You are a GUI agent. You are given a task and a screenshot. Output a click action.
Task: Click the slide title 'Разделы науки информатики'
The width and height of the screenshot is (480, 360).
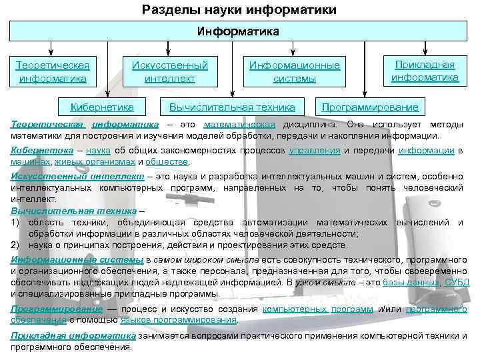[239, 10]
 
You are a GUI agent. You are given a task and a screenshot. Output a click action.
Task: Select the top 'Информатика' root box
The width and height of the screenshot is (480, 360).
[239, 31]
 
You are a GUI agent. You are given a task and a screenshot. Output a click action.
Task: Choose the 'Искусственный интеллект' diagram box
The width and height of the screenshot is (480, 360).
[169, 72]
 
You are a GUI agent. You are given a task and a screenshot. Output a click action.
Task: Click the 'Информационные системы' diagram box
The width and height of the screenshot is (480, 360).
[294, 72]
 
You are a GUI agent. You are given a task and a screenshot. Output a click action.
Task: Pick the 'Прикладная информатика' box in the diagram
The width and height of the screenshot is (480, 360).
[425, 71]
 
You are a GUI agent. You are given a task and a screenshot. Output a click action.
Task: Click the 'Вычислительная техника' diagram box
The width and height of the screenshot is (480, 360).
[232, 107]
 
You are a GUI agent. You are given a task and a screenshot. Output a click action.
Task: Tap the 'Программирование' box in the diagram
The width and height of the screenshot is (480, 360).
[370, 107]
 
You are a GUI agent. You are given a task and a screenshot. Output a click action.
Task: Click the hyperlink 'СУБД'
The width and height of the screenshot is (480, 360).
[457, 283]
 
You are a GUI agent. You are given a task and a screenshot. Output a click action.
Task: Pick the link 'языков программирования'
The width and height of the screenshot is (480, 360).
[178, 319]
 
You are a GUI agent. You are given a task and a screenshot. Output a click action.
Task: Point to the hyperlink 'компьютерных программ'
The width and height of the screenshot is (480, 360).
[318, 309]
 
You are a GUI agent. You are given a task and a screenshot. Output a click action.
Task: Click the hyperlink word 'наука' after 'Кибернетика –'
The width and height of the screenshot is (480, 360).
[98, 151]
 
